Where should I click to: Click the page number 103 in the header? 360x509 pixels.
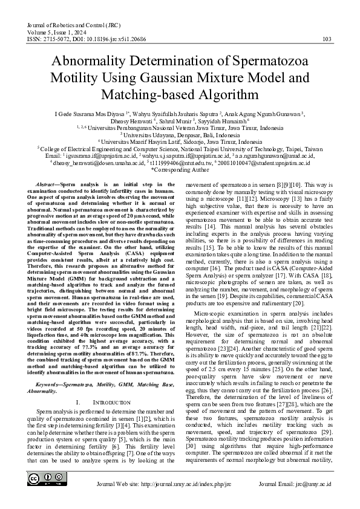[327, 39]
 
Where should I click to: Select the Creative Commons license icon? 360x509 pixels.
[43, 479]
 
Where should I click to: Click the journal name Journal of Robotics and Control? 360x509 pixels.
[67, 25]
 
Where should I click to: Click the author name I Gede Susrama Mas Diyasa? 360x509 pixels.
[91, 113]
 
